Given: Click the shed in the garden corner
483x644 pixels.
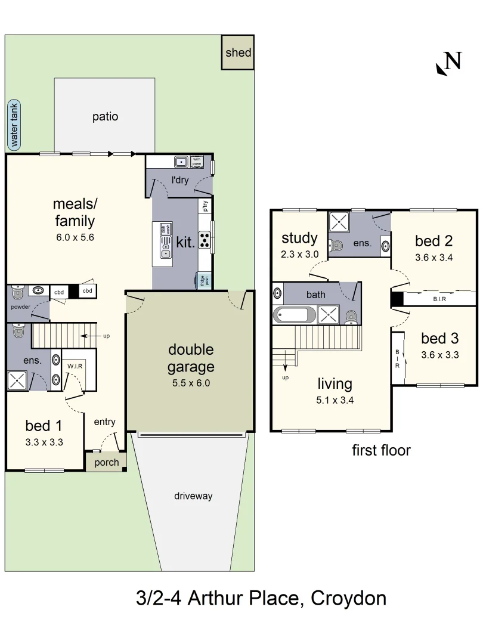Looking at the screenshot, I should pos(238,52).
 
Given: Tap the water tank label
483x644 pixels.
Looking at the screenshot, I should pos(14,125).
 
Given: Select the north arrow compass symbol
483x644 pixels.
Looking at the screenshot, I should pos(449,63).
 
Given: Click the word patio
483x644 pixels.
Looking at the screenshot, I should pos(105,116).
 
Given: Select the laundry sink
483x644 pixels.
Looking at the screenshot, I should pos(181,161).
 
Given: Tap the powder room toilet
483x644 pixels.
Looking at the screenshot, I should pos(16,292).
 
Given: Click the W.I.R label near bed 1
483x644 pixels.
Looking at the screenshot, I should pos(75,366).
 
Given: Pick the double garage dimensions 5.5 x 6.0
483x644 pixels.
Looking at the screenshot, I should pos(190,383).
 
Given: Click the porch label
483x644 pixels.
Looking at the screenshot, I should pos(107,462).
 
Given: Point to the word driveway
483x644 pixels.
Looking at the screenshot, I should pos(193,496).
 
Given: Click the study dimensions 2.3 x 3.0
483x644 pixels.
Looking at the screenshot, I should pos(299,254).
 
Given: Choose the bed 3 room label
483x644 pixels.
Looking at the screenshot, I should pos(439,339).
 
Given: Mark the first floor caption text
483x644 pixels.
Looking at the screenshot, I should pos(381,450).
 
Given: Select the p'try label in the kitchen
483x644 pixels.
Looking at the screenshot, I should pos(205,206).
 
